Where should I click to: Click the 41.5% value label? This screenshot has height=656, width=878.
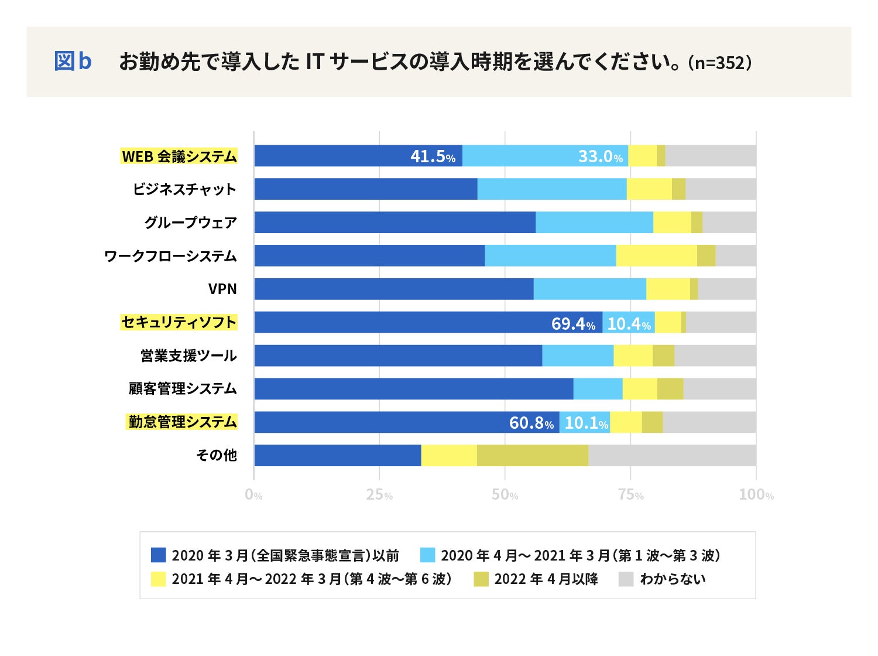click(x=433, y=156)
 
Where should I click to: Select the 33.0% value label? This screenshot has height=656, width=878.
click(x=601, y=156)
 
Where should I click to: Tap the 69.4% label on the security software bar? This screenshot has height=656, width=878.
click(x=573, y=323)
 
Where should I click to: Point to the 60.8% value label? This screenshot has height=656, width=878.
click(x=531, y=423)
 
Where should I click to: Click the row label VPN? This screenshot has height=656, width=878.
click(x=222, y=289)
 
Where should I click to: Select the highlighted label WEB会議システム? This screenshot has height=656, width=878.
click(x=179, y=156)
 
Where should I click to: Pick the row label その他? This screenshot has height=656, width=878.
click(x=217, y=455)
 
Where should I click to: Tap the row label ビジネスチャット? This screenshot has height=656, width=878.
click(x=184, y=190)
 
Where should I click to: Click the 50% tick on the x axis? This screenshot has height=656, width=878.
click(x=505, y=495)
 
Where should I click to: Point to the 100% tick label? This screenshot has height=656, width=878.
click(x=756, y=495)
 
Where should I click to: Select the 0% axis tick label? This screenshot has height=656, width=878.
click(x=253, y=495)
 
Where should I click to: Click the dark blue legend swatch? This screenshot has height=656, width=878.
click(x=159, y=555)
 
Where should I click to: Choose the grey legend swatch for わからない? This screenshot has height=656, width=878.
click(x=626, y=579)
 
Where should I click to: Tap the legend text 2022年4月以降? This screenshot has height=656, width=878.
click(x=546, y=579)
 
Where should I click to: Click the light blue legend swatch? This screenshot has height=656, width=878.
click(x=428, y=555)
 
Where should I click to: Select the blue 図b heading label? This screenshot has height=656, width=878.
click(x=73, y=61)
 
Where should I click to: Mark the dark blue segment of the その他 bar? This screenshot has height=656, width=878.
click(x=337, y=456)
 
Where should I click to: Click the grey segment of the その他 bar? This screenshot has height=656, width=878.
click(x=672, y=456)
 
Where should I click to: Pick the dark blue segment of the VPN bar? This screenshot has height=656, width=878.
click(x=393, y=289)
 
